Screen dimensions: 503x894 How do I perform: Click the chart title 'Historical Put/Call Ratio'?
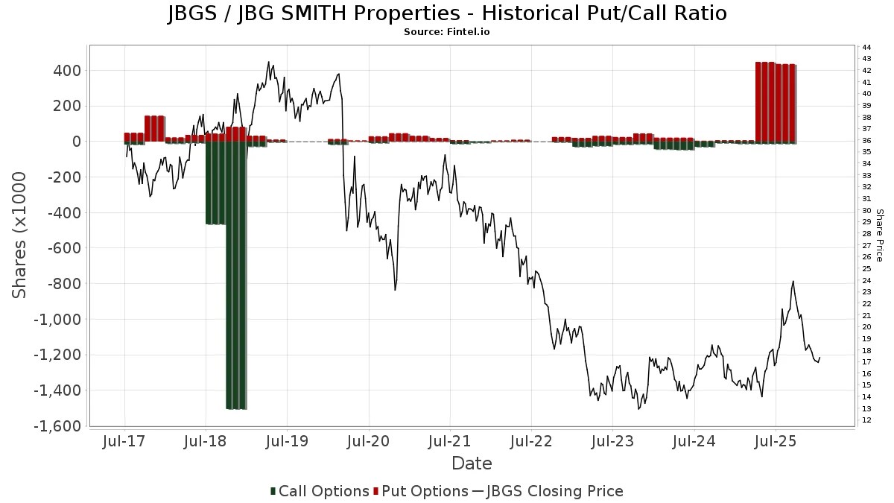(446, 13)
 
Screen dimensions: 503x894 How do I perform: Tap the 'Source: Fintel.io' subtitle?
(446, 32)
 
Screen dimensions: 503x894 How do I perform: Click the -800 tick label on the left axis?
(62, 284)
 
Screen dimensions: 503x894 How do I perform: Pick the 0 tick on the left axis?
(76, 142)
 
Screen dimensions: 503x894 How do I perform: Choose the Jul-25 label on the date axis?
(776, 442)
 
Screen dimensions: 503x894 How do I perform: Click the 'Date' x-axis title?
(472, 464)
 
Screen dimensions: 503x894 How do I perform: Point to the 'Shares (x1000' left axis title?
(20, 235)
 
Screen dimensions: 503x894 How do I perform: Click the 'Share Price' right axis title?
(879, 235)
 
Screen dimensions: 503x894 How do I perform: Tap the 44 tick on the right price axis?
(866, 47)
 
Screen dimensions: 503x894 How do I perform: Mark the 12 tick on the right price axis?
(866, 421)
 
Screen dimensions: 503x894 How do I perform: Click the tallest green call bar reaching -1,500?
(236, 276)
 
